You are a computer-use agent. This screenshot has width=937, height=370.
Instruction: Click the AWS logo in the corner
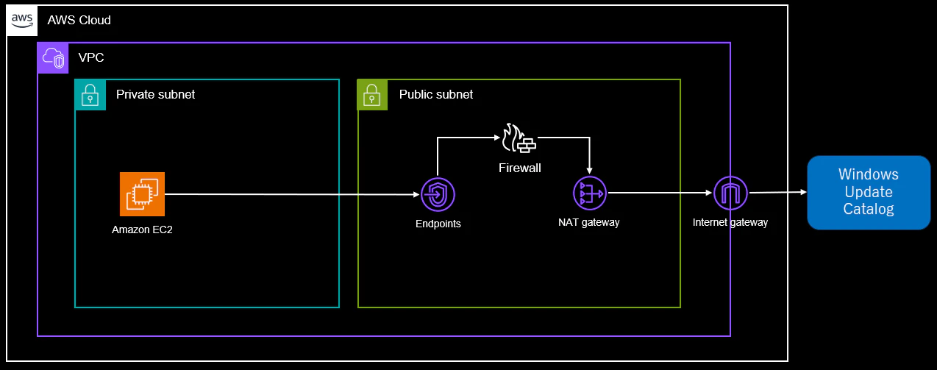[x=22, y=21]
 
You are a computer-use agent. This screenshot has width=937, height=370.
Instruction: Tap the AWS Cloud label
[x=79, y=20]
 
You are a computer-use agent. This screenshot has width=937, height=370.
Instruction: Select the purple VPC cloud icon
[x=53, y=58]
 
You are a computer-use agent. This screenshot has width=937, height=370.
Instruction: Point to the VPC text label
[x=91, y=57]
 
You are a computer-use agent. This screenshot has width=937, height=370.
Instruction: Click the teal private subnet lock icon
[x=90, y=95]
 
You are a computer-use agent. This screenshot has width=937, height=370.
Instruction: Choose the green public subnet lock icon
[x=372, y=95]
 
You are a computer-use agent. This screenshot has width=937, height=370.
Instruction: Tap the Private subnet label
[x=156, y=95]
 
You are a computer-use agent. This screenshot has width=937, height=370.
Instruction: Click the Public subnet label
[x=436, y=95]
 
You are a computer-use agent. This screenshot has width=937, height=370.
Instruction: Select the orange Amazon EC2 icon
[x=142, y=194]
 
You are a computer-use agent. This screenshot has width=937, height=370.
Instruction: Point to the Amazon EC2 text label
[x=142, y=230]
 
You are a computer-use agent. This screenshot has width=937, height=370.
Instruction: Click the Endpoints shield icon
[x=438, y=195]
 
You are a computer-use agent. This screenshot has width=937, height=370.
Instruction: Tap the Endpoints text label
[x=438, y=224]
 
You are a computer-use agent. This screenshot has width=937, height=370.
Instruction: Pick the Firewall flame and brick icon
[x=519, y=138]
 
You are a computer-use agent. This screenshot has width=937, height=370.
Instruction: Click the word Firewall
[x=519, y=168]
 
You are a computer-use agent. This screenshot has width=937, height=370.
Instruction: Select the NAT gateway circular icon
[x=590, y=193]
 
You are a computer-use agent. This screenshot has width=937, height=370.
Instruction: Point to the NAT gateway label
[x=589, y=222]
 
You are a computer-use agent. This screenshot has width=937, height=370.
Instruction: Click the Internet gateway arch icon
[x=730, y=193]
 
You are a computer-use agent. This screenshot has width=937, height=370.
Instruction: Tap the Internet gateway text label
[x=730, y=222]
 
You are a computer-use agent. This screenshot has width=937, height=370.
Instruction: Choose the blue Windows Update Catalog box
[x=869, y=193]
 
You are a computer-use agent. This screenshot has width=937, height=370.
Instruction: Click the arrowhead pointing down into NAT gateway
[x=589, y=171]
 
